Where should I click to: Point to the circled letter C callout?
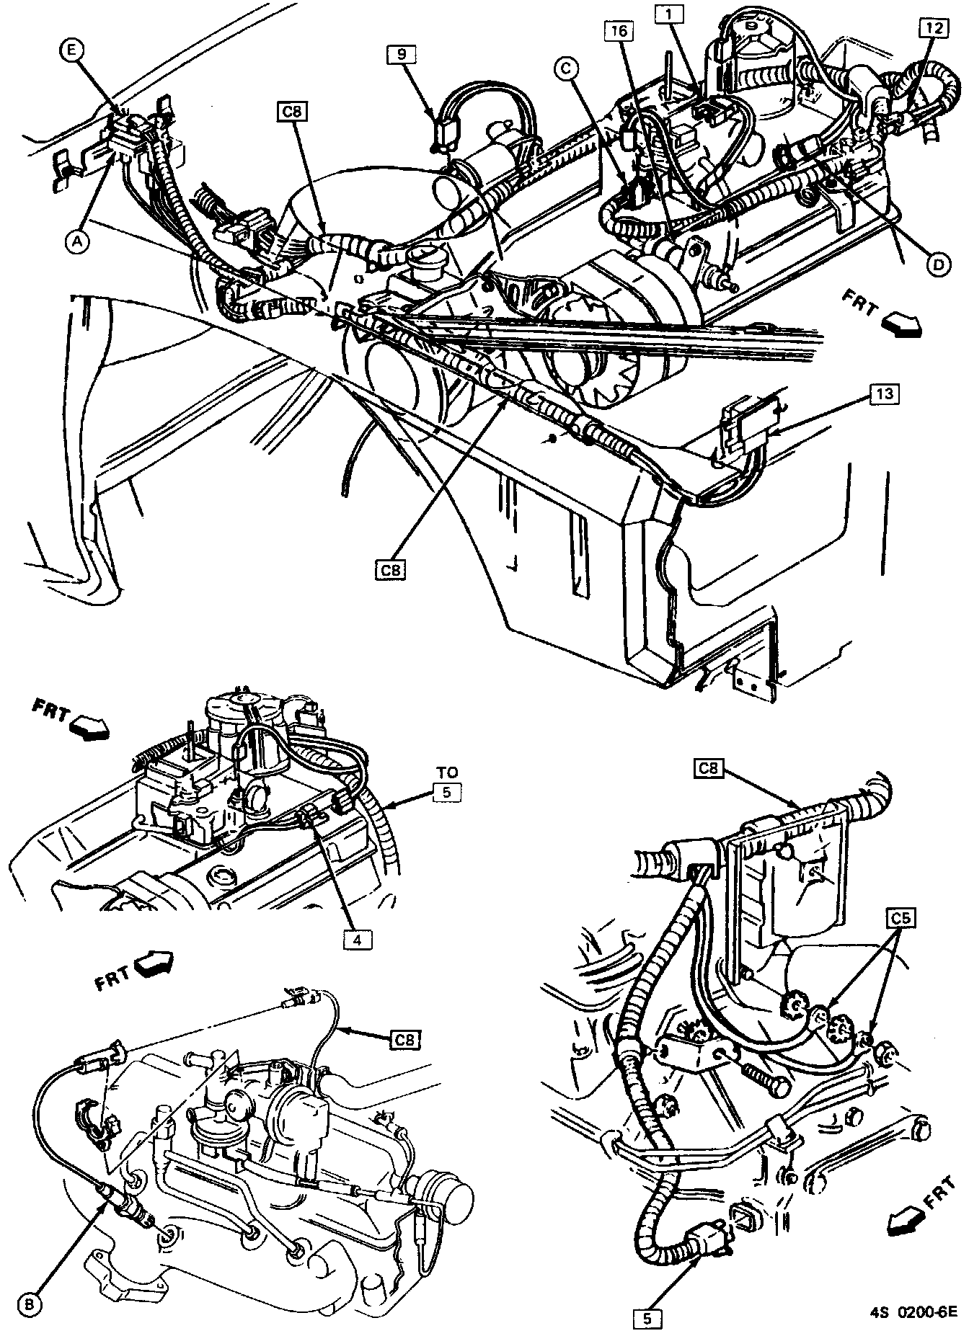tap(565, 69)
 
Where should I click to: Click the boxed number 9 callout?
tap(401, 53)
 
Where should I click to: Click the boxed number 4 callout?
tap(357, 940)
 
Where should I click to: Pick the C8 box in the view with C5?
tap(710, 769)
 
